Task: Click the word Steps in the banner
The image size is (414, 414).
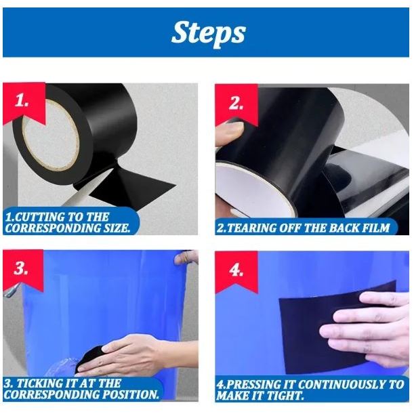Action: coord(208,33)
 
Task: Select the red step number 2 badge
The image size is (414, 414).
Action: coord(236,104)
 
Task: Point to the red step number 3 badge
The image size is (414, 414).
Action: coord(23,270)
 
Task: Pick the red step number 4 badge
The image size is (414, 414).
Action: coord(236,271)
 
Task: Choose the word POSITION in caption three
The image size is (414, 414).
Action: coord(131,394)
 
